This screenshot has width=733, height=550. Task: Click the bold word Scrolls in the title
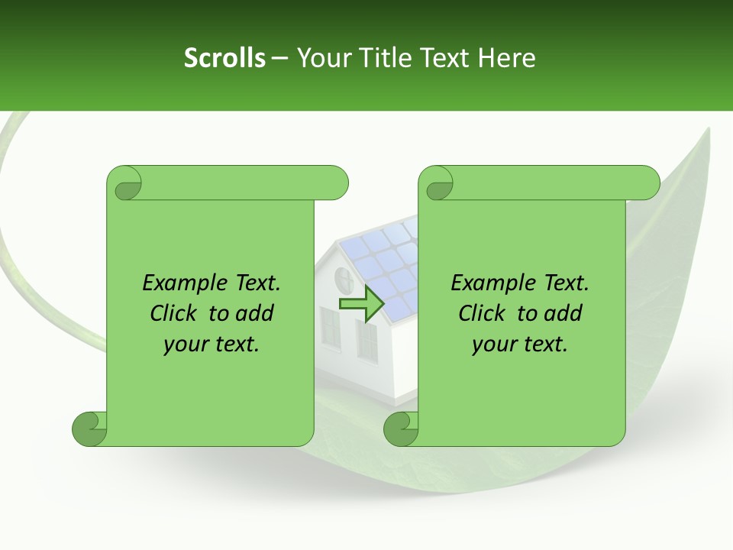(224, 58)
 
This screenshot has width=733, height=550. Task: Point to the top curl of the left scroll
(125, 183)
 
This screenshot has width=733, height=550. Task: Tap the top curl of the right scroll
(438, 183)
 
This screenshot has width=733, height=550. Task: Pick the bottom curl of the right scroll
(401, 429)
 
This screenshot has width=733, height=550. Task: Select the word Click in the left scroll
(176, 313)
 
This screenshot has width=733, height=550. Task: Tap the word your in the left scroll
(184, 345)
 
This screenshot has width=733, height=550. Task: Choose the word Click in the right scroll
(484, 313)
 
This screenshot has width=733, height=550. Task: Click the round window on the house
(343, 275)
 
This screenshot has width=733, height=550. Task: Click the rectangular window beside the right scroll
(367, 340)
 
